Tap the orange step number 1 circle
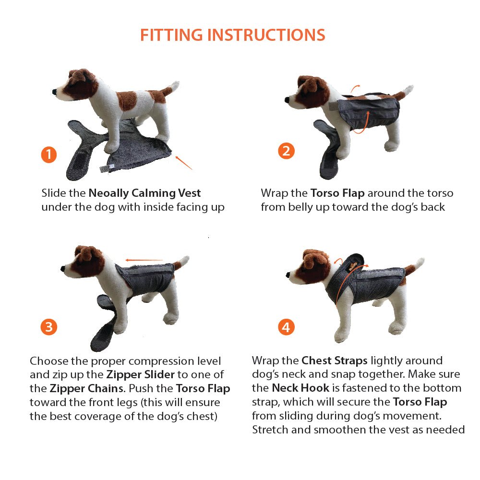point(48,155)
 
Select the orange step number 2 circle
point(286,151)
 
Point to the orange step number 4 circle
point(286,327)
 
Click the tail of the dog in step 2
point(407,91)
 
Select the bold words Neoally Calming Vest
point(144,193)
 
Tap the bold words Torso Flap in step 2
point(337,193)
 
